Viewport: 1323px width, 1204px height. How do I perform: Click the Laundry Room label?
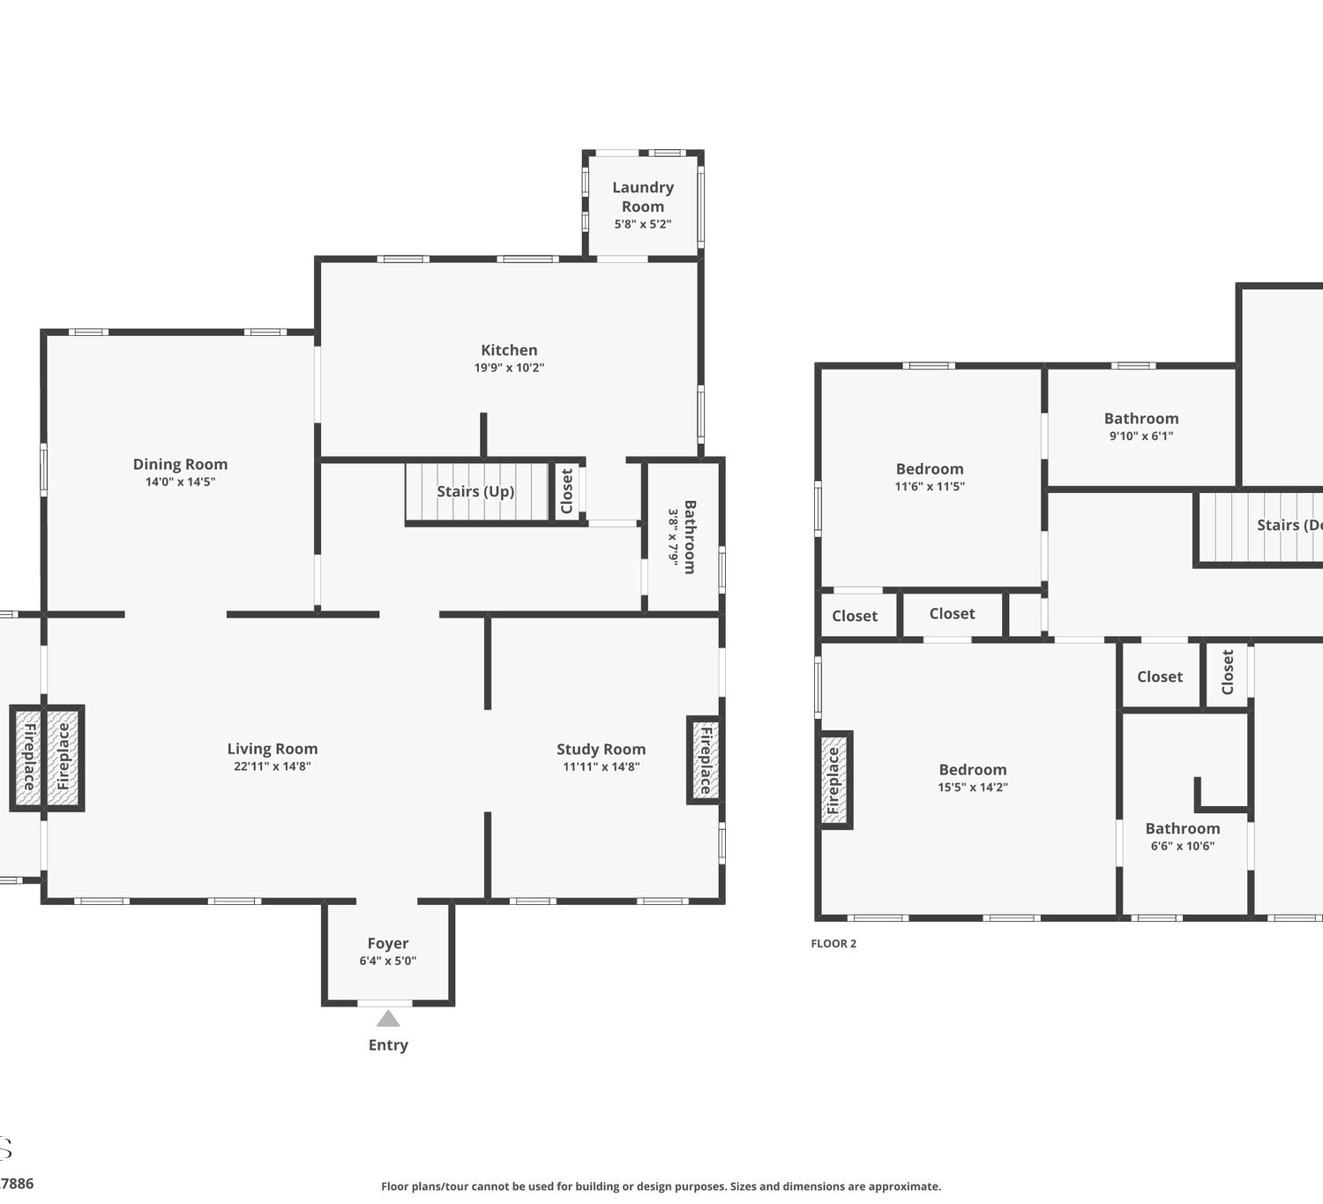tap(643, 197)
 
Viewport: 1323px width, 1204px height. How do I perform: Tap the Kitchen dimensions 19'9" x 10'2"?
tap(509, 368)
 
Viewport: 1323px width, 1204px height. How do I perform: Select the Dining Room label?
tap(180, 464)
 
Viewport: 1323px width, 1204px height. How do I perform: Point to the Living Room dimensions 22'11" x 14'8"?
tap(273, 766)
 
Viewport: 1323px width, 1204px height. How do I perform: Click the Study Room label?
tap(601, 749)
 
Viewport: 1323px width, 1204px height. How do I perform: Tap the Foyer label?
tap(388, 944)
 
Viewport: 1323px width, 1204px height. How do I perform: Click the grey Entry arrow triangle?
tap(388, 1019)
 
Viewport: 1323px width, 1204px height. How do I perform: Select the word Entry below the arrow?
tap(388, 1045)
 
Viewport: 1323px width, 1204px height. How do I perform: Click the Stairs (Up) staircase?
tap(477, 491)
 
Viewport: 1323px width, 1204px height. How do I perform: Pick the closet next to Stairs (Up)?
tap(567, 490)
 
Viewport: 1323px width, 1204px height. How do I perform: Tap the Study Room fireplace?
tap(705, 760)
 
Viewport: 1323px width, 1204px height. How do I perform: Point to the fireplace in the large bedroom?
tap(834, 780)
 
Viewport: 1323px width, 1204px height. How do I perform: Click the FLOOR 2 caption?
tap(833, 944)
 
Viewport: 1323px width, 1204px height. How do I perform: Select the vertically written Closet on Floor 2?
tap(1227, 672)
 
